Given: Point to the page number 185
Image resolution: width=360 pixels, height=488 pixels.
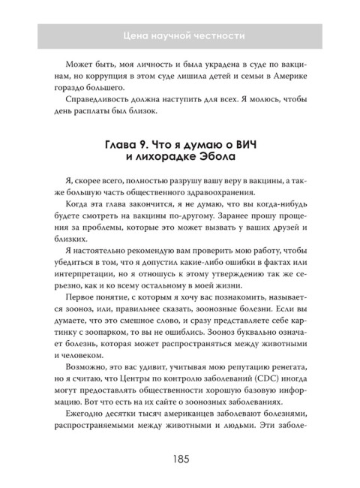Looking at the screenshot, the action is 179,458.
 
